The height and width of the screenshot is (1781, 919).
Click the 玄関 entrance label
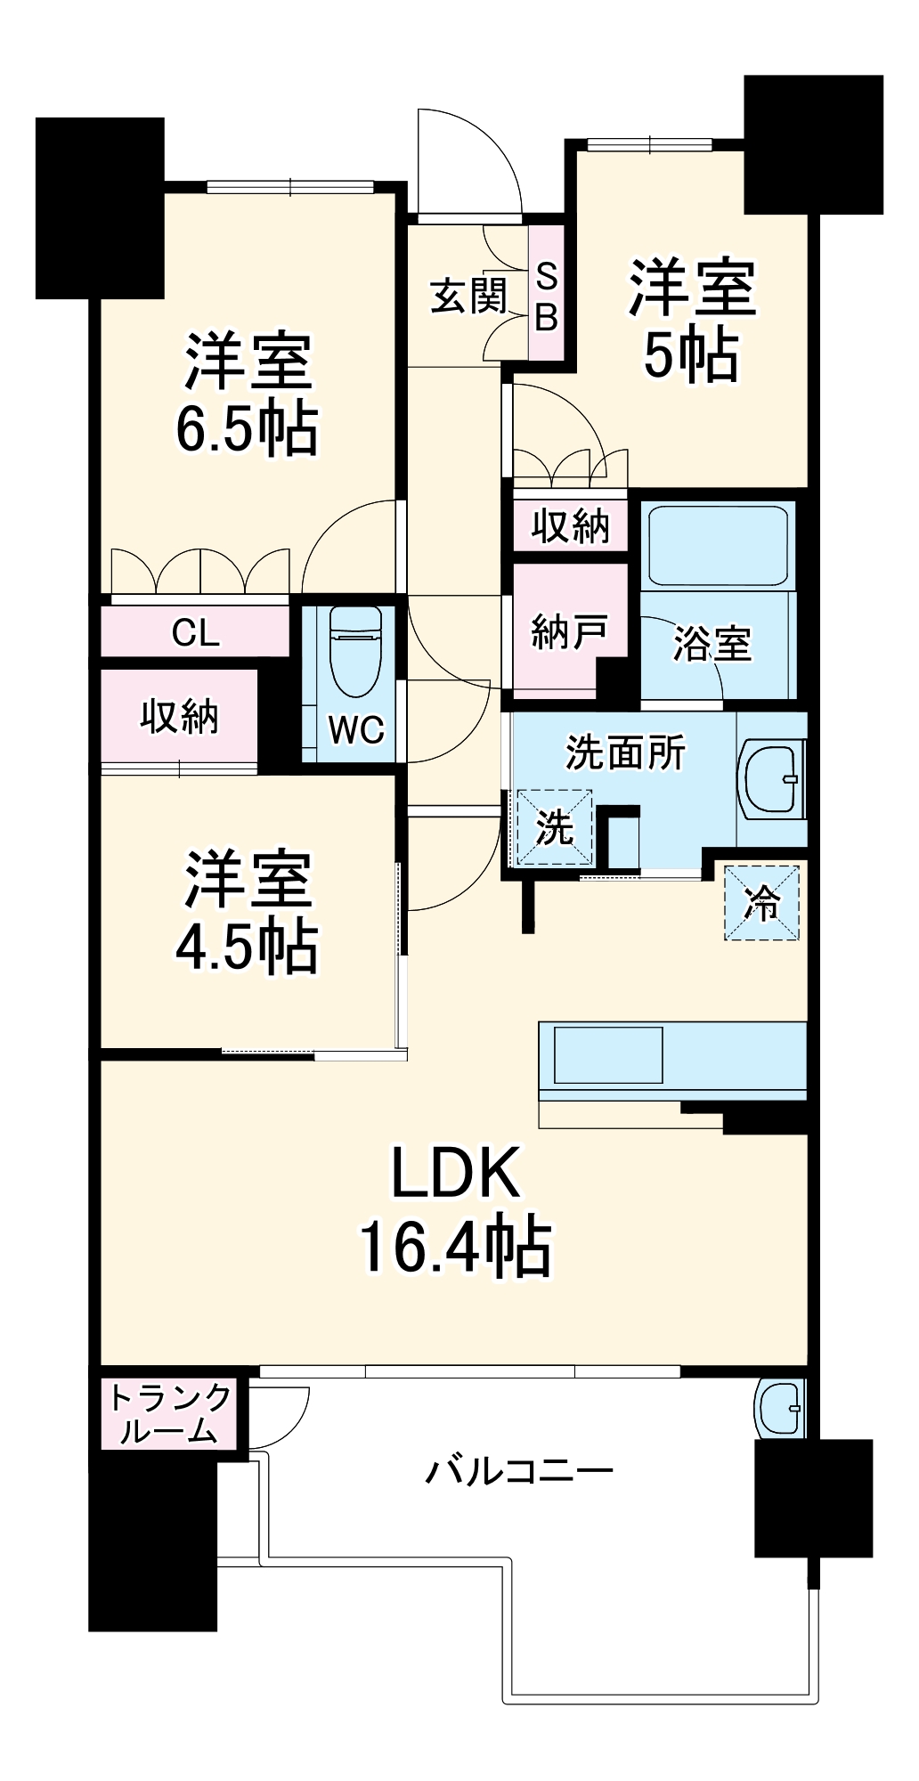468,297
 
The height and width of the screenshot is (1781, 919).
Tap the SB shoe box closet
546,295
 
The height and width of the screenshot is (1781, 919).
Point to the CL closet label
195,633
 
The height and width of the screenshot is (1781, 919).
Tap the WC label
356,730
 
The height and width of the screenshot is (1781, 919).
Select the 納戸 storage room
570,632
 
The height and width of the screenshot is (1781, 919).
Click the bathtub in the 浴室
718,545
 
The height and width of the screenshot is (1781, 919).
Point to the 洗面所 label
626,753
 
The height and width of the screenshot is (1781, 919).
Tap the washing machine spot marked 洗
554,827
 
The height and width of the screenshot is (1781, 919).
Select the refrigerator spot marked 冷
761,903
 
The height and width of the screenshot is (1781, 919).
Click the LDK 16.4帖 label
456,1211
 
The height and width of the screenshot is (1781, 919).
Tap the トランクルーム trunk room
169,1414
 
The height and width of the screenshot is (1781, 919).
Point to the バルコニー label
518,1469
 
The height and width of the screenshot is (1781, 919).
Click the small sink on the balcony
780,1408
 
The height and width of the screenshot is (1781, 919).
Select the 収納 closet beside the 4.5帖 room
180,717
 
